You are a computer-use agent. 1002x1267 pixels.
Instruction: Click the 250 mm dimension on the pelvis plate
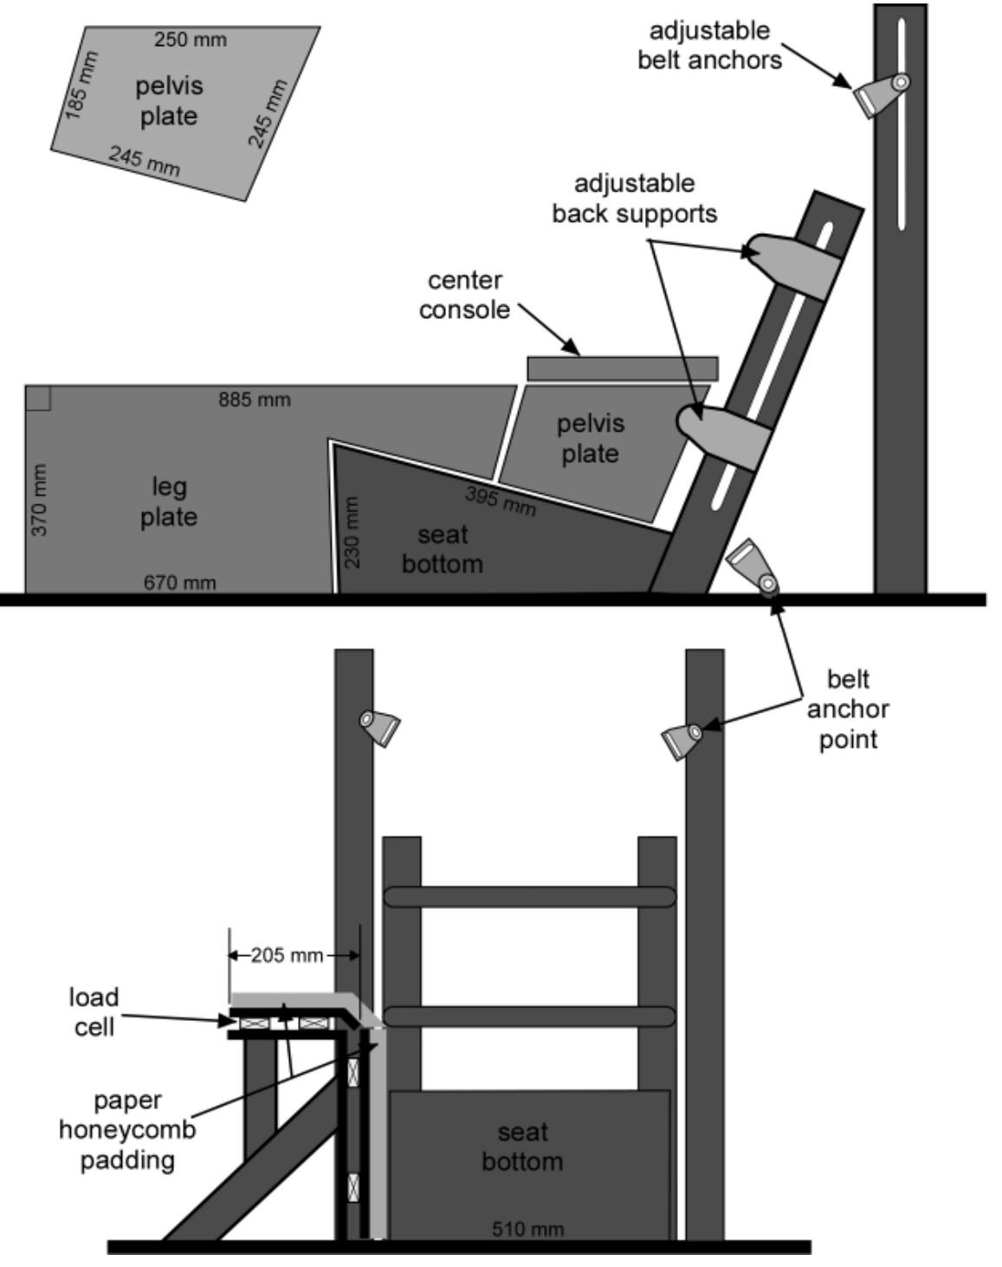(x=190, y=40)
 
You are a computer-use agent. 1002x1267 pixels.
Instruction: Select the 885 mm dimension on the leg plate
(x=254, y=400)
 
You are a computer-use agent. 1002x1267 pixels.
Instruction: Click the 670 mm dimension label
(x=179, y=582)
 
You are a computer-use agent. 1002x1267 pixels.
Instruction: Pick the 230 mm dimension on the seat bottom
(x=352, y=532)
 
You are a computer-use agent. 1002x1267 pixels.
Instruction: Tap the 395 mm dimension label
(x=501, y=501)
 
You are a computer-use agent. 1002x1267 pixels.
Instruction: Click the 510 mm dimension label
(x=527, y=1228)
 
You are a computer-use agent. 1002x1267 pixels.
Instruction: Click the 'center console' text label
(x=464, y=295)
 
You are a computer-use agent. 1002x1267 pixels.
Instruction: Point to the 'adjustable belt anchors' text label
(x=709, y=45)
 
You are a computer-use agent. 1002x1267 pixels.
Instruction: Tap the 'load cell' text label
(x=94, y=1011)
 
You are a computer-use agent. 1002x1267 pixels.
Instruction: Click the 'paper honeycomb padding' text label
(x=127, y=1129)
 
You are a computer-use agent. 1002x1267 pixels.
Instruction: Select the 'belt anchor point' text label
(x=847, y=709)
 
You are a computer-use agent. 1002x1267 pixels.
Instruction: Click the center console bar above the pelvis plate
(x=623, y=367)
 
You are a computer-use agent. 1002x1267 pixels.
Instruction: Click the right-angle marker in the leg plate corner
(x=38, y=398)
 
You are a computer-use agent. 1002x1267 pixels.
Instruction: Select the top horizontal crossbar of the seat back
(x=529, y=896)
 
